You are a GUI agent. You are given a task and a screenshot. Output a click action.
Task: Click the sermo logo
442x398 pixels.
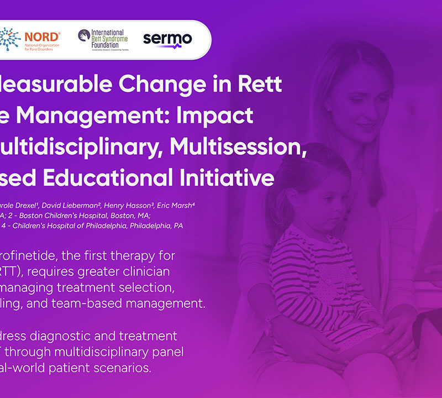point(167,39)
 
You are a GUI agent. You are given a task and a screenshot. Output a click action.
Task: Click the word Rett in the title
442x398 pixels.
point(257,85)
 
